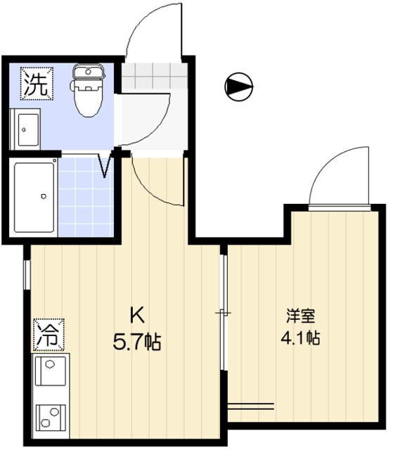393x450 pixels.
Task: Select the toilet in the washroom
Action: (x=86, y=95)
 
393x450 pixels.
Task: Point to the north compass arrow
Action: (x=238, y=86)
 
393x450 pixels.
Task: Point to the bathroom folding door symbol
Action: (x=106, y=165)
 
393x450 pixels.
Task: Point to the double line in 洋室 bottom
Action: (x=250, y=406)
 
